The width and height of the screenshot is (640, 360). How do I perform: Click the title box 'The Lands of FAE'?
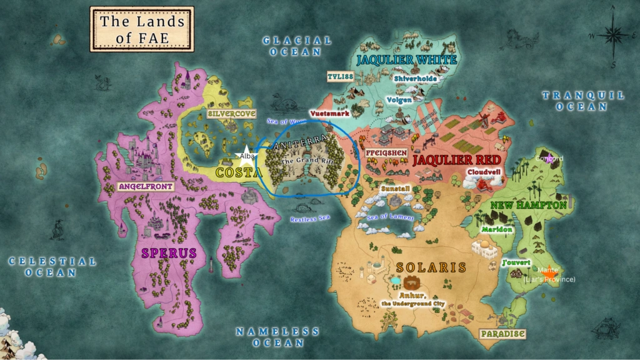pos(142,29)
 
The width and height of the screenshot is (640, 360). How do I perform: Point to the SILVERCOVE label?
pos(231,114)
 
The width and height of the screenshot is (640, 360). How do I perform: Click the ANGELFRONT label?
pos(146,186)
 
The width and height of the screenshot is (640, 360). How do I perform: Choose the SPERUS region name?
pos(168,252)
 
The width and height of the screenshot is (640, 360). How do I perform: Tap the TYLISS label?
pos(341,76)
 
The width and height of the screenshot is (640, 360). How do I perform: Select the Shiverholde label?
pos(415,79)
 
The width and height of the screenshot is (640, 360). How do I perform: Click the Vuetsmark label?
pos(327,114)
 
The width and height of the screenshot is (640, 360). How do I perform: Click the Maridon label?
pos(497,229)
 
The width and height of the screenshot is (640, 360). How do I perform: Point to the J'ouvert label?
pos(516,262)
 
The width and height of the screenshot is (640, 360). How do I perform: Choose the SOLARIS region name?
pos(431,267)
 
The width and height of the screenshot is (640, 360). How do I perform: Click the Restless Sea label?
pos(309,219)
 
